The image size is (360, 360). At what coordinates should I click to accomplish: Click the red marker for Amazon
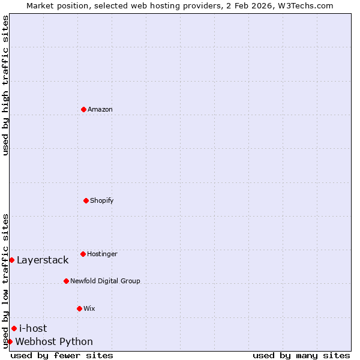click(83, 109)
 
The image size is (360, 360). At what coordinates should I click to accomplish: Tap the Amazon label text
click(100, 109)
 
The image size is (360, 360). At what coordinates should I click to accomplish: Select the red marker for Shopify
click(86, 200)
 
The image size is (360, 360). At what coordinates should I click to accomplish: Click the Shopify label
click(102, 200)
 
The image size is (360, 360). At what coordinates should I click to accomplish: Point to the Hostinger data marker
click(83, 254)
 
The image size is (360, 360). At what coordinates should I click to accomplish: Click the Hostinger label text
click(102, 254)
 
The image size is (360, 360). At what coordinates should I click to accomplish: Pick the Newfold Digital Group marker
click(66, 281)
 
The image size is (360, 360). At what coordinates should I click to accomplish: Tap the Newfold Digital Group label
click(105, 281)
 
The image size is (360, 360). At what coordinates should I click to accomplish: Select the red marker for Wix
click(79, 308)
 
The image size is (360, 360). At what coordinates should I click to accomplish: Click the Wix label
click(89, 308)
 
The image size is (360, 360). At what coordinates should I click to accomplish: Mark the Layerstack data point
click(11, 260)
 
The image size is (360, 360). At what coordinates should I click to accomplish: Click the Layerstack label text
click(43, 260)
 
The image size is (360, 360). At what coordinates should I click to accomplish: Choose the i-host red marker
click(14, 328)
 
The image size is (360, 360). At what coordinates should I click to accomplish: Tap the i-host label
click(33, 328)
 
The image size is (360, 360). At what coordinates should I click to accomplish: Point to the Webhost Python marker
click(10, 341)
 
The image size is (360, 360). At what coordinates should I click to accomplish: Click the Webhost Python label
click(54, 342)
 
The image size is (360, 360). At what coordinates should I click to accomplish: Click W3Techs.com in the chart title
click(305, 5)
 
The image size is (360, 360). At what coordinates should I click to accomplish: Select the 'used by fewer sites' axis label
click(62, 355)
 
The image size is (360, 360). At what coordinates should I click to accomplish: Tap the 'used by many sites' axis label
click(301, 355)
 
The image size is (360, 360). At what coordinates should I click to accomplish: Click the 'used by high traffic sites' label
click(6, 85)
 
